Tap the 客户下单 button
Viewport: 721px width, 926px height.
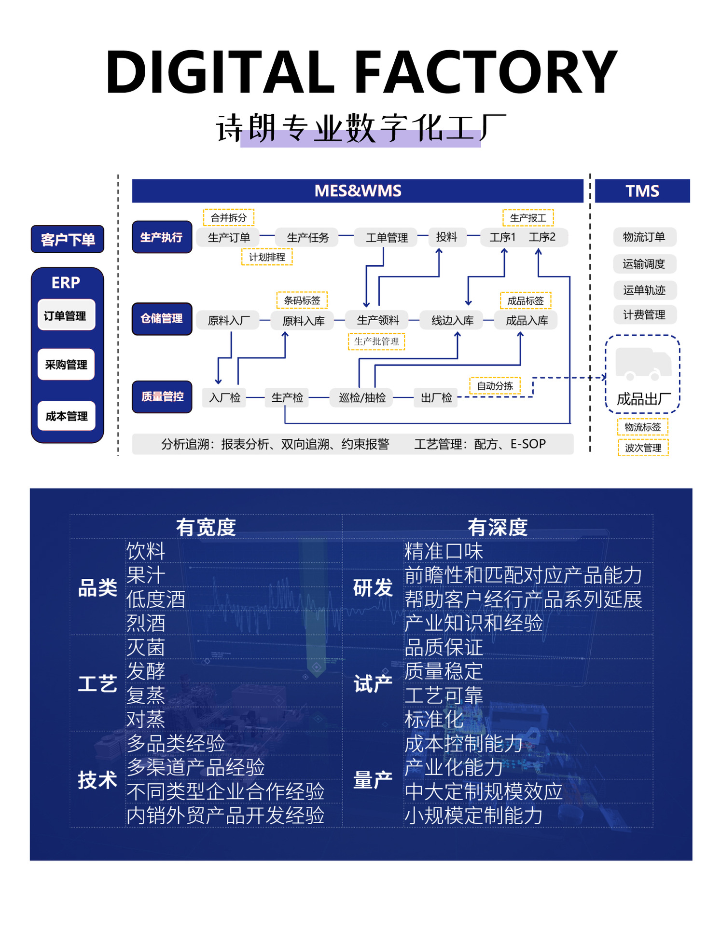point(68,239)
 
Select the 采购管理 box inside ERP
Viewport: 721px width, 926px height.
point(66,365)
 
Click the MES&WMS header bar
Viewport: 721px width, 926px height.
point(358,191)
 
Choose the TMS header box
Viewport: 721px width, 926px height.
point(642,191)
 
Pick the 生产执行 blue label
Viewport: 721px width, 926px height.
point(162,237)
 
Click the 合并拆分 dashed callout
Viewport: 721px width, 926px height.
point(229,218)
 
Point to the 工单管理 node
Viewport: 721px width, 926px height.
point(387,237)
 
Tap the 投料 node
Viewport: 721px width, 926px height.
point(447,237)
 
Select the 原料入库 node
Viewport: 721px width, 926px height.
point(303,321)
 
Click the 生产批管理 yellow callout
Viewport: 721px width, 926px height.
point(376,341)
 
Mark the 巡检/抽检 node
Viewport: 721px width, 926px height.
point(362,397)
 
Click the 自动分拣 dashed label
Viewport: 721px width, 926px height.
point(495,386)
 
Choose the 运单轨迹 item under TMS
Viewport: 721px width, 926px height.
point(644,290)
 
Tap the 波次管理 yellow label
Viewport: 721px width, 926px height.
point(643,448)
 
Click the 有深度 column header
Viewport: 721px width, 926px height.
point(498,527)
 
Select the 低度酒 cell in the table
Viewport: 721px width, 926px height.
point(156,599)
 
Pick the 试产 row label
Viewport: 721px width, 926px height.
point(373,683)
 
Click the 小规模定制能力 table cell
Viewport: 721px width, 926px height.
point(474,816)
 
